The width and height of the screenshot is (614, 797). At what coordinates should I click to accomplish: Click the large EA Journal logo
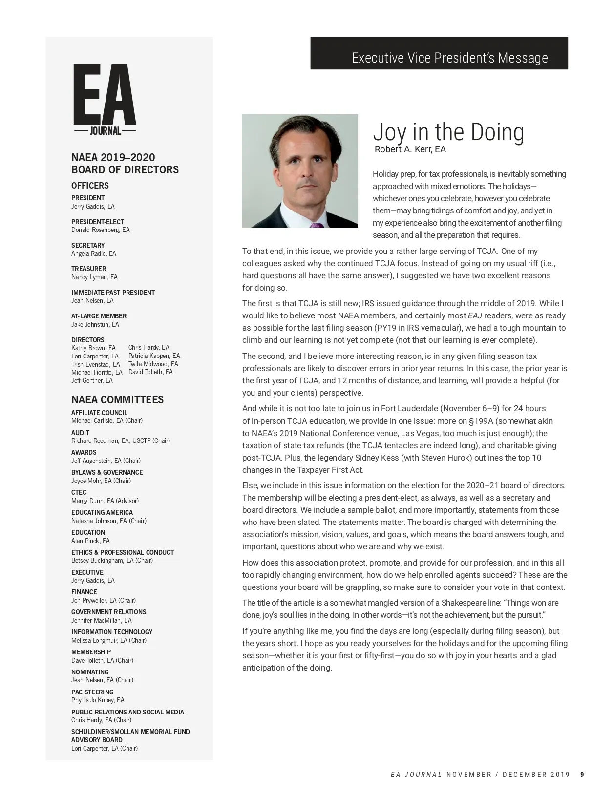(105, 100)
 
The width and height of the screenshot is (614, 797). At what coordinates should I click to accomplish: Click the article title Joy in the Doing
(448, 132)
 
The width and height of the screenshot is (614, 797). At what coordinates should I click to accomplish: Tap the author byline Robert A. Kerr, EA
(410, 149)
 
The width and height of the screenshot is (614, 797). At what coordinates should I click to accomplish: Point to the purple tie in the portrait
(317, 225)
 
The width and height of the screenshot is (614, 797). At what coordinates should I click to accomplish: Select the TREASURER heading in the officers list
(88, 269)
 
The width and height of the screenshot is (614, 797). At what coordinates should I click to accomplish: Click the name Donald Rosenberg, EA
(100, 230)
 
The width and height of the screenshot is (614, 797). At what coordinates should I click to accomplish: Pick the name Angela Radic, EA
(93, 253)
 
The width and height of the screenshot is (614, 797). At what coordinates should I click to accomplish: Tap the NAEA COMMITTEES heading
(117, 399)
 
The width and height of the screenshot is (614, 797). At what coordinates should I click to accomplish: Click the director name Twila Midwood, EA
(153, 364)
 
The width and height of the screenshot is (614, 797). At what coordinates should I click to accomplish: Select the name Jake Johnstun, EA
(95, 324)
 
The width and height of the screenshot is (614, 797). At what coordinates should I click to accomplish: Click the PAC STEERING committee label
(92, 692)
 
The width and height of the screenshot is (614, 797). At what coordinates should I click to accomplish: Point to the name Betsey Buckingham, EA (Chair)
(112, 561)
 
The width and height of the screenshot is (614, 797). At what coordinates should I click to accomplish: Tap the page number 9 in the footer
(582, 774)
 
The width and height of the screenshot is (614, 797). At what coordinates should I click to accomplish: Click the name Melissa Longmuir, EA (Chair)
(108, 640)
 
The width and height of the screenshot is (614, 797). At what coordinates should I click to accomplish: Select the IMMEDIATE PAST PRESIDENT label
(113, 293)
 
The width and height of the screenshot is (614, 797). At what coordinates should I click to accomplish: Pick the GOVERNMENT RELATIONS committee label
(108, 612)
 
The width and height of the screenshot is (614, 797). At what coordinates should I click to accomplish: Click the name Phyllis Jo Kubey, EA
(98, 700)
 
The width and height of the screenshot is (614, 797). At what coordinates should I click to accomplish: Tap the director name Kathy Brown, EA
(93, 348)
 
